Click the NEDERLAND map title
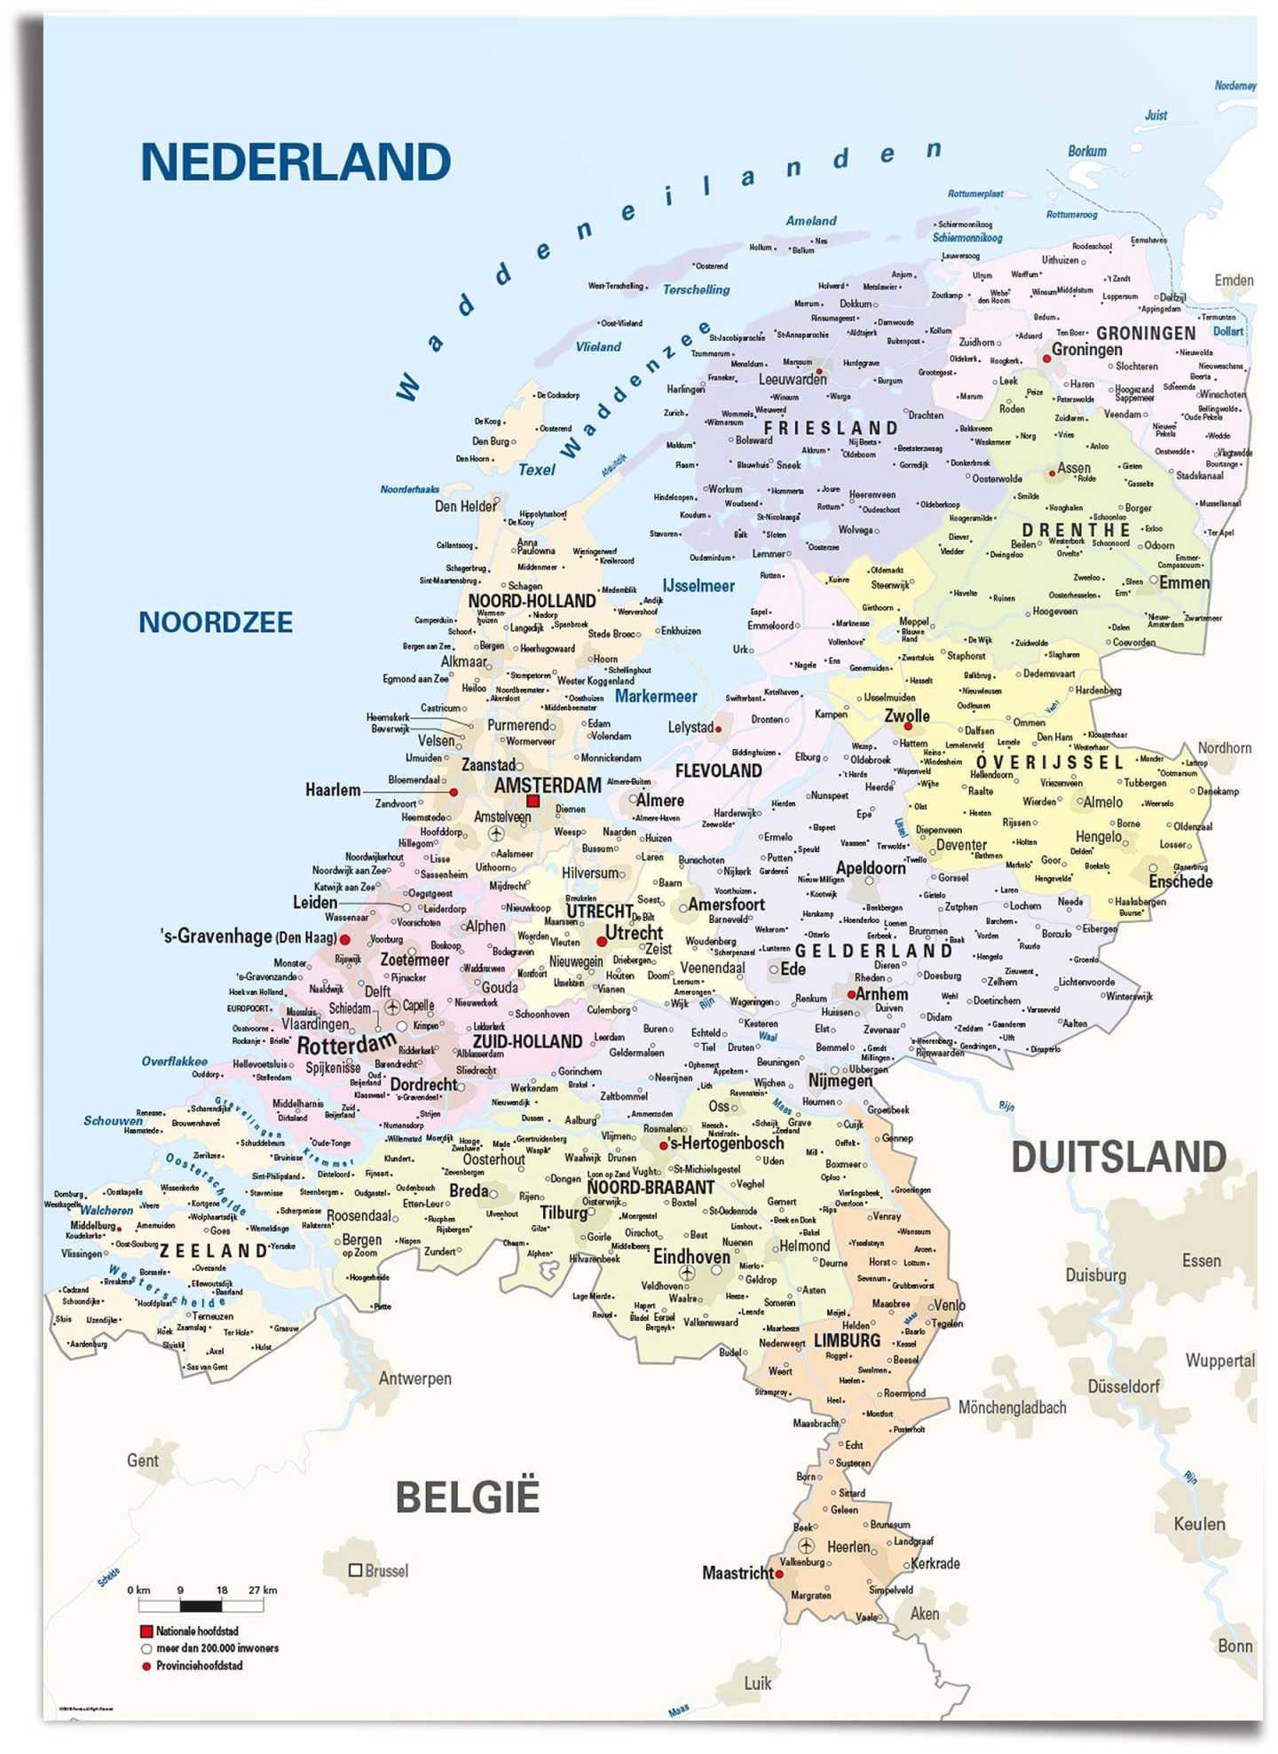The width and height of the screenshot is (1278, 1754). click(296, 162)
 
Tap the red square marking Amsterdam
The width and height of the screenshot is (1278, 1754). click(532, 801)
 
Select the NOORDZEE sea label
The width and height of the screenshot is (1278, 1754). click(216, 622)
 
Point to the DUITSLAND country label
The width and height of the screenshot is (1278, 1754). click(1118, 1157)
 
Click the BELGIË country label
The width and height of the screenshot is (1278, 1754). click(467, 1497)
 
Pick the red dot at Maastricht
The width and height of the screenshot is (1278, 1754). click(779, 1575)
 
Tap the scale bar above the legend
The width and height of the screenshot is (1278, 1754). click(201, 1605)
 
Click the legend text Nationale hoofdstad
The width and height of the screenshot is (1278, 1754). click(197, 1632)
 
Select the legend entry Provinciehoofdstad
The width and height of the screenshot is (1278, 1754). click(199, 1665)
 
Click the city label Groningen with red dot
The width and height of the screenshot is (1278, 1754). click(1086, 350)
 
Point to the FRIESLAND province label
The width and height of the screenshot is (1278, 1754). click(832, 428)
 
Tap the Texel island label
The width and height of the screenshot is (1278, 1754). click(536, 470)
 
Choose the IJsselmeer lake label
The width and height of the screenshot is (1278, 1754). click(698, 586)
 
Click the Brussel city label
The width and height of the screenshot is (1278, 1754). click(386, 1570)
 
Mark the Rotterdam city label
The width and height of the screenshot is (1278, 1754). click(346, 1045)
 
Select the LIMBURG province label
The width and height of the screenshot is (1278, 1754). click(847, 1340)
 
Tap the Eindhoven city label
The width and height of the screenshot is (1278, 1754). click(691, 1257)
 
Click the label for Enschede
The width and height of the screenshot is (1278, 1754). click(1180, 881)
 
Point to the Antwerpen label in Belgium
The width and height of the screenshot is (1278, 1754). click(414, 1379)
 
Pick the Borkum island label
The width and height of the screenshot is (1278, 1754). click(1086, 151)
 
